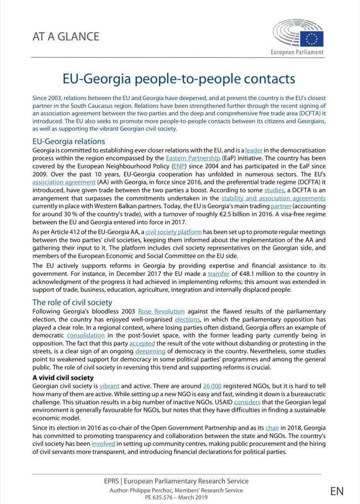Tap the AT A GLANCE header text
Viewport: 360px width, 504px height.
click(x=66, y=36)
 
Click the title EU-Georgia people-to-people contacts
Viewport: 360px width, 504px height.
click(x=179, y=79)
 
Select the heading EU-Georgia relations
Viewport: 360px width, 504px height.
click(x=69, y=141)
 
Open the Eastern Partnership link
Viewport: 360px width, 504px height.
click(x=193, y=158)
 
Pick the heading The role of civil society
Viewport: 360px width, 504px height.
click(x=72, y=302)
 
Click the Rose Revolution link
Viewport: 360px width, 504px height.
click(x=161, y=311)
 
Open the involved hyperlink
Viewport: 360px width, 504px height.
click(x=103, y=443)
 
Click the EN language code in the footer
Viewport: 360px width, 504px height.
click(x=337, y=491)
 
